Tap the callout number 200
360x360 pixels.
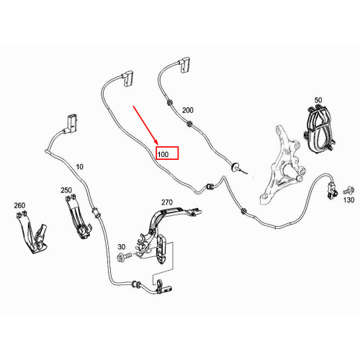tap(188, 111)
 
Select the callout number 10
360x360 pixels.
tap(79, 166)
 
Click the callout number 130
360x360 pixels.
tap(349, 200)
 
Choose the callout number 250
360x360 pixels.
tap(66, 190)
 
